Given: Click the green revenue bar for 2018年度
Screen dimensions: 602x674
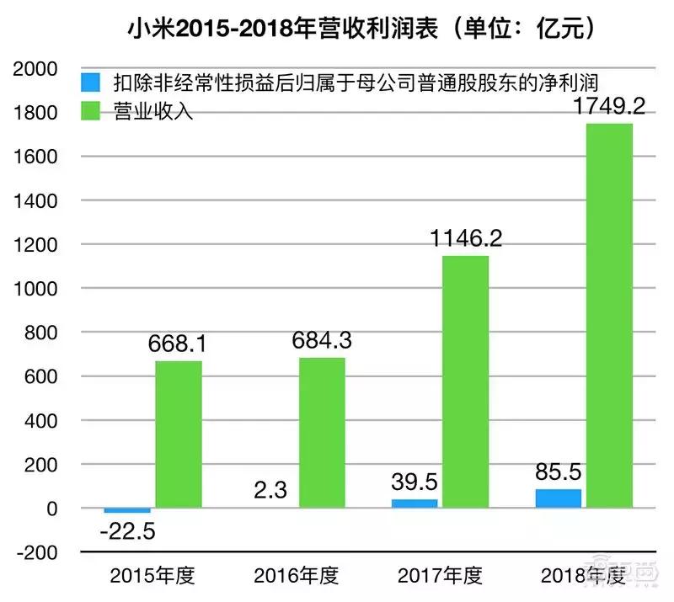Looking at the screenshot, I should tap(608, 316).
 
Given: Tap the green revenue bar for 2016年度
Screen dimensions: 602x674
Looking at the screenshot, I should tap(321, 433).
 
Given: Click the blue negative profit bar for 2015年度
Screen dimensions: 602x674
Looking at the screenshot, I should tap(127, 510).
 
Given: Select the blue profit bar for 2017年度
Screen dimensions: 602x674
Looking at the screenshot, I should tap(414, 503).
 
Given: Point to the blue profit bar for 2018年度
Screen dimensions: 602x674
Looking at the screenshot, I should tap(558, 498).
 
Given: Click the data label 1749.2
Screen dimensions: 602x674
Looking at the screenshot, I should tap(608, 107).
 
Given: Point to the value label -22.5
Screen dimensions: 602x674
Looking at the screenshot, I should tap(127, 532).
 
